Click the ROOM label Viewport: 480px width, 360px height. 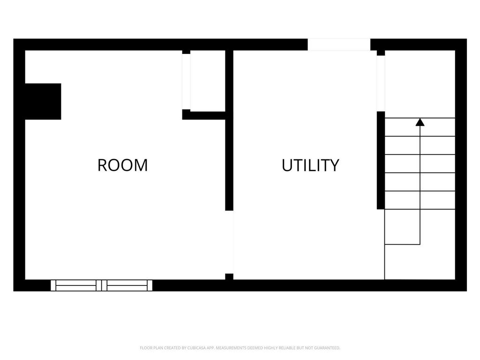122,165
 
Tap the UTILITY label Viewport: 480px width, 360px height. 310,165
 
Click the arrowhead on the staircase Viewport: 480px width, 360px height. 420,122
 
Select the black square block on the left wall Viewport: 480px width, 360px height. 43,101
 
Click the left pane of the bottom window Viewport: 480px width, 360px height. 76,285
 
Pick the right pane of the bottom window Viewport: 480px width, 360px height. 127,285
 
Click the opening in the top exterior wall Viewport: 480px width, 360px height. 339,45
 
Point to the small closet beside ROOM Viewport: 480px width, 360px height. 208,81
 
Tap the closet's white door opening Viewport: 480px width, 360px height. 186,82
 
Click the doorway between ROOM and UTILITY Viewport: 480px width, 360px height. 229,242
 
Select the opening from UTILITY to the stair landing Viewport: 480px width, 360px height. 381,83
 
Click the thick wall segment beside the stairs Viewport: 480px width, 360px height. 381,160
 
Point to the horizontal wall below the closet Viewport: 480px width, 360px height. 204,115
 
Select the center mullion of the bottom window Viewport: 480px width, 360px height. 101,285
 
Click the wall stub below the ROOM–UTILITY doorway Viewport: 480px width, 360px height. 229,277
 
